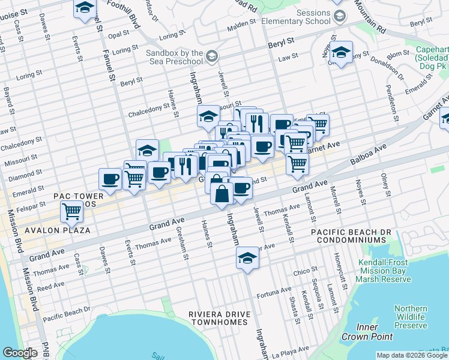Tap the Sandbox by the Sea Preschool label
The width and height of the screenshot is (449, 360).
point(174,57)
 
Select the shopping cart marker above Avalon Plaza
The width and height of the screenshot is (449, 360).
point(71,211)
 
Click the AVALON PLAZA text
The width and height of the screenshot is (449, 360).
point(57,230)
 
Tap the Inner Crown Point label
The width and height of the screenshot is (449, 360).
point(358,332)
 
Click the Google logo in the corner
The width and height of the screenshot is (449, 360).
point(20,353)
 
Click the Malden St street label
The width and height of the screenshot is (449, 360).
point(241,26)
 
